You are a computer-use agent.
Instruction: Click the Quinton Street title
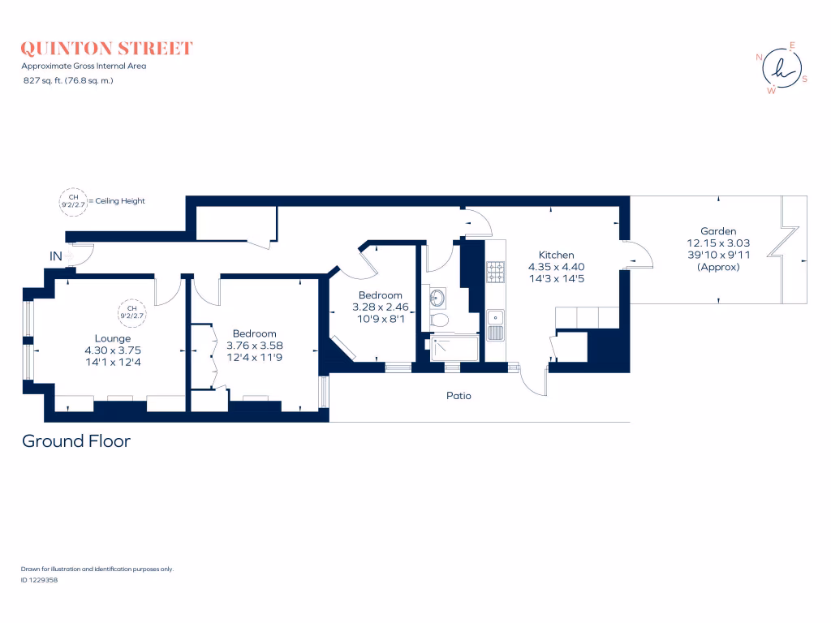(107, 49)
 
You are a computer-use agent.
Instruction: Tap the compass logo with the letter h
(781, 68)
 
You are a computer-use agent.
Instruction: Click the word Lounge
(112, 338)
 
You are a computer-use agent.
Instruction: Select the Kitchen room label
(557, 255)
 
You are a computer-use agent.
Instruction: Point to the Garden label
(718, 231)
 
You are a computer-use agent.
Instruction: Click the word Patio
(459, 396)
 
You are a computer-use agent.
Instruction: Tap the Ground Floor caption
(75, 441)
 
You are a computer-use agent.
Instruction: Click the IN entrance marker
(56, 256)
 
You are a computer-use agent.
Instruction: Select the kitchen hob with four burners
(496, 273)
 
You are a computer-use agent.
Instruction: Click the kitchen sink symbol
(496, 324)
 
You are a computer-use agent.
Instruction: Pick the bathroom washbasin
(437, 297)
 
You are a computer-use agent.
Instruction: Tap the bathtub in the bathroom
(454, 347)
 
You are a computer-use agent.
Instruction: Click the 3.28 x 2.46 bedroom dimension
(380, 307)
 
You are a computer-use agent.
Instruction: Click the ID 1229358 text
(38, 580)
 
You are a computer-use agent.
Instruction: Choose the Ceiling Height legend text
(118, 200)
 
